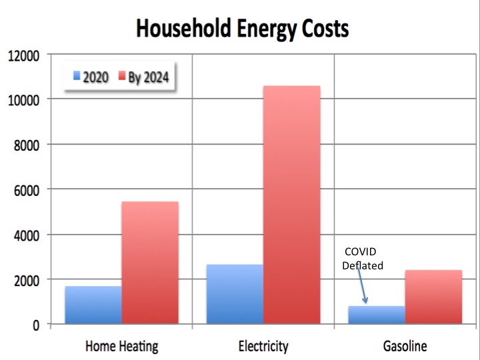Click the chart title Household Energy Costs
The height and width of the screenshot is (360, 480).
[242, 29]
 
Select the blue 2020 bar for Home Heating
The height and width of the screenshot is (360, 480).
[93, 305]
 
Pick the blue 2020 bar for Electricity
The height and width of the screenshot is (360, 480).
[235, 294]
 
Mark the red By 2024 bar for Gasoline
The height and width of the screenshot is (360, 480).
[433, 297]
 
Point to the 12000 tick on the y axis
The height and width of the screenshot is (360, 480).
[24, 55]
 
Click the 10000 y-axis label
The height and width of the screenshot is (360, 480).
[24, 100]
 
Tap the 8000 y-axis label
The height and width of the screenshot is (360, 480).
[27, 145]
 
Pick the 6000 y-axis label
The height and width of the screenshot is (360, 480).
[27, 190]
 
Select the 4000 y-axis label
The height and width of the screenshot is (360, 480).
[27, 235]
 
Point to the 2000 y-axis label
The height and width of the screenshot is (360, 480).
[27, 280]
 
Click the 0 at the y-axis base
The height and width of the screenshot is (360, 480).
[37, 325]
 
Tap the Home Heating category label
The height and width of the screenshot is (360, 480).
[121, 346]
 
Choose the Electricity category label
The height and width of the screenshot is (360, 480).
[263, 346]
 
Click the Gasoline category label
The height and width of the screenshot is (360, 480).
[405, 346]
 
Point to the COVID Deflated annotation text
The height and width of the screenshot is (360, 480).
[363, 259]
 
